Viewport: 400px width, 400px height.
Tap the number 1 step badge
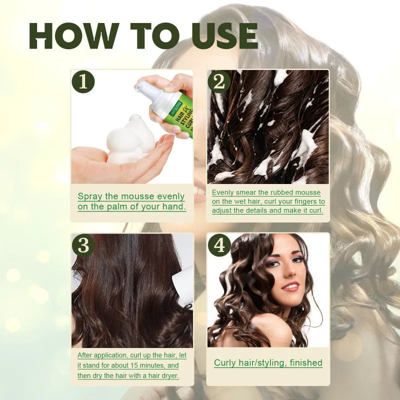[83, 81]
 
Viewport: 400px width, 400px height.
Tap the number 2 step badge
[219, 81]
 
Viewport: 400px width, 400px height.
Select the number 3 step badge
[83, 245]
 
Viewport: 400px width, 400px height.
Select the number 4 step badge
[219, 245]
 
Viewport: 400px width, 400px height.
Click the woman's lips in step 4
[290, 286]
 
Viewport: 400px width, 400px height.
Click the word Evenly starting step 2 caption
[223, 192]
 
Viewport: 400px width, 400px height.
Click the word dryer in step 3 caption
[167, 375]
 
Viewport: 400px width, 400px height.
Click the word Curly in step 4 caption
[226, 363]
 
